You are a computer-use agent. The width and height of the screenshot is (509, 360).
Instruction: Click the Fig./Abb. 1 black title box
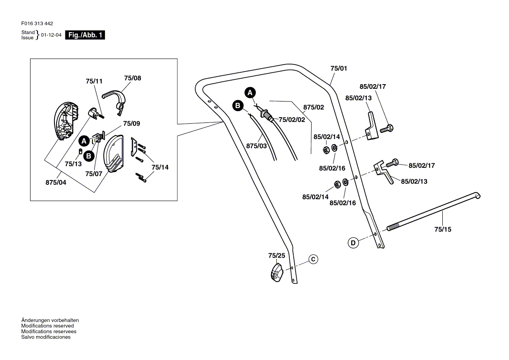pyautogui.click(x=85, y=35)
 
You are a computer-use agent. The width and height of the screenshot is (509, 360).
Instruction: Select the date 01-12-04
pyautogui.click(x=51, y=35)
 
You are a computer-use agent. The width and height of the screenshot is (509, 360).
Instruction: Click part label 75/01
pyautogui.click(x=339, y=68)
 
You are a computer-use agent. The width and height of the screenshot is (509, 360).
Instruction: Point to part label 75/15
pyautogui.click(x=443, y=229)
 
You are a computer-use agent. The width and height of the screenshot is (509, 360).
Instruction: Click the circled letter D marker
pyautogui.click(x=353, y=242)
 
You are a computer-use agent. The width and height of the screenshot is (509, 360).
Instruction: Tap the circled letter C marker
pyautogui.click(x=313, y=259)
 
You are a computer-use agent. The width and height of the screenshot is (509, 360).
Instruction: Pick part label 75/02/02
pyautogui.click(x=292, y=119)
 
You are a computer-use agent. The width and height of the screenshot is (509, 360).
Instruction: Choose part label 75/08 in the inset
pyautogui.click(x=132, y=78)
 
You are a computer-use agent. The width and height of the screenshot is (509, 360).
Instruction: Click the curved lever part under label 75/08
pyautogui.click(x=116, y=98)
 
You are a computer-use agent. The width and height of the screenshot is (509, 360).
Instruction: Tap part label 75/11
pyautogui.click(x=94, y=82)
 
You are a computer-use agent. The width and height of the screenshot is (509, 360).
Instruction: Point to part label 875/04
pyautogui.click(x=56, y=183)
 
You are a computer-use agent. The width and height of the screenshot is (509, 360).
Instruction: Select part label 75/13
pyautogui.click(x=73, y=164)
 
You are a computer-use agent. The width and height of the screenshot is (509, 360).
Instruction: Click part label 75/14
pyautogui.click(x=160, y=167)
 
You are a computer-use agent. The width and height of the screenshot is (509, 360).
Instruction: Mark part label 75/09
pyautogui.click(x=132, y=124)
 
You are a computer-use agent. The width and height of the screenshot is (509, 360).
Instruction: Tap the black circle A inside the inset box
pyautogui.click(x=84, y=141)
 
